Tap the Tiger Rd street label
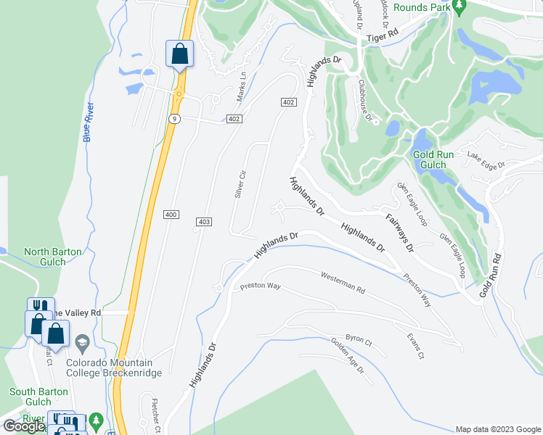(384, 35)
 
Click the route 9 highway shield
(173, 118)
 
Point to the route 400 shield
(171, 215)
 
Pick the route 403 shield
(204, 221)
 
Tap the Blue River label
(89, 123)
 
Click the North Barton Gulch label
(52, 257)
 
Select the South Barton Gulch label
(30, 397)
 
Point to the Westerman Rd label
(343, 281)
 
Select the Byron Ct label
(359, 339)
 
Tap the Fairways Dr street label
(399, 232)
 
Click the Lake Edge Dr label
(486, 160)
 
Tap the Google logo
(24, 426)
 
